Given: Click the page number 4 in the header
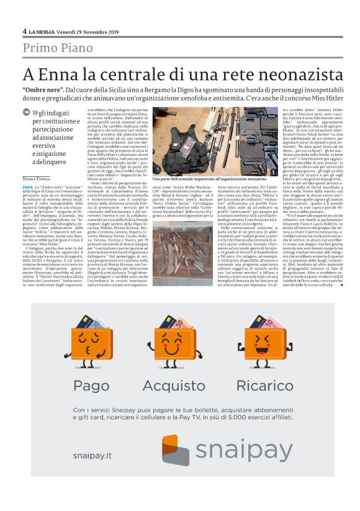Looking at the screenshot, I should [24, 30].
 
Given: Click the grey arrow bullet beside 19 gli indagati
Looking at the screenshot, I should [25, 112].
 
